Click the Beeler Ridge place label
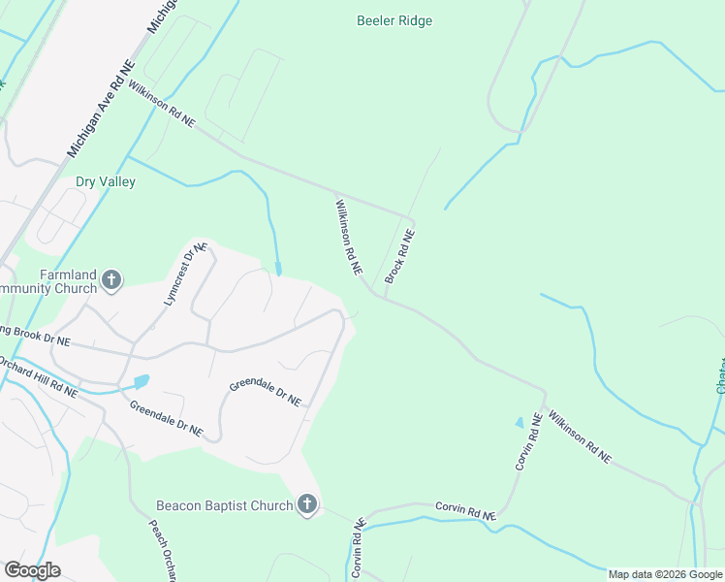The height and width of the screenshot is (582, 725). pos(394,20)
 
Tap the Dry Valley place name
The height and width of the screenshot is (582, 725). pos(106,181)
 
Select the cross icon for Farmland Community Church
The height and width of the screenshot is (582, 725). pos(111,280)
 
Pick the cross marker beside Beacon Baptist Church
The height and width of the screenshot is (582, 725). pos(307,504)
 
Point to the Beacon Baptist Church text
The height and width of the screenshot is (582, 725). pos(224,505)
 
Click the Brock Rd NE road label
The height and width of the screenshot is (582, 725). pos(400,256)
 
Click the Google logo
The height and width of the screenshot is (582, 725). pos(32,570)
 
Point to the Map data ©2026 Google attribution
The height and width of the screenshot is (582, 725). pos(665,574)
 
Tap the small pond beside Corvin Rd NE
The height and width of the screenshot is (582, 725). pos(519,423)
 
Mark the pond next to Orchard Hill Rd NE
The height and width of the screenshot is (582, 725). pos(142,381)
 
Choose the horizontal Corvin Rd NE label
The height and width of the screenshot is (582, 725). pos(465,511)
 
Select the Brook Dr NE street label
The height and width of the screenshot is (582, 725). pos(35,336)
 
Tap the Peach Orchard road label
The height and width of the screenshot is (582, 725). pos(161,549)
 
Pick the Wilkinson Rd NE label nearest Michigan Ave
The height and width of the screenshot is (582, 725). pos(162,103)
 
